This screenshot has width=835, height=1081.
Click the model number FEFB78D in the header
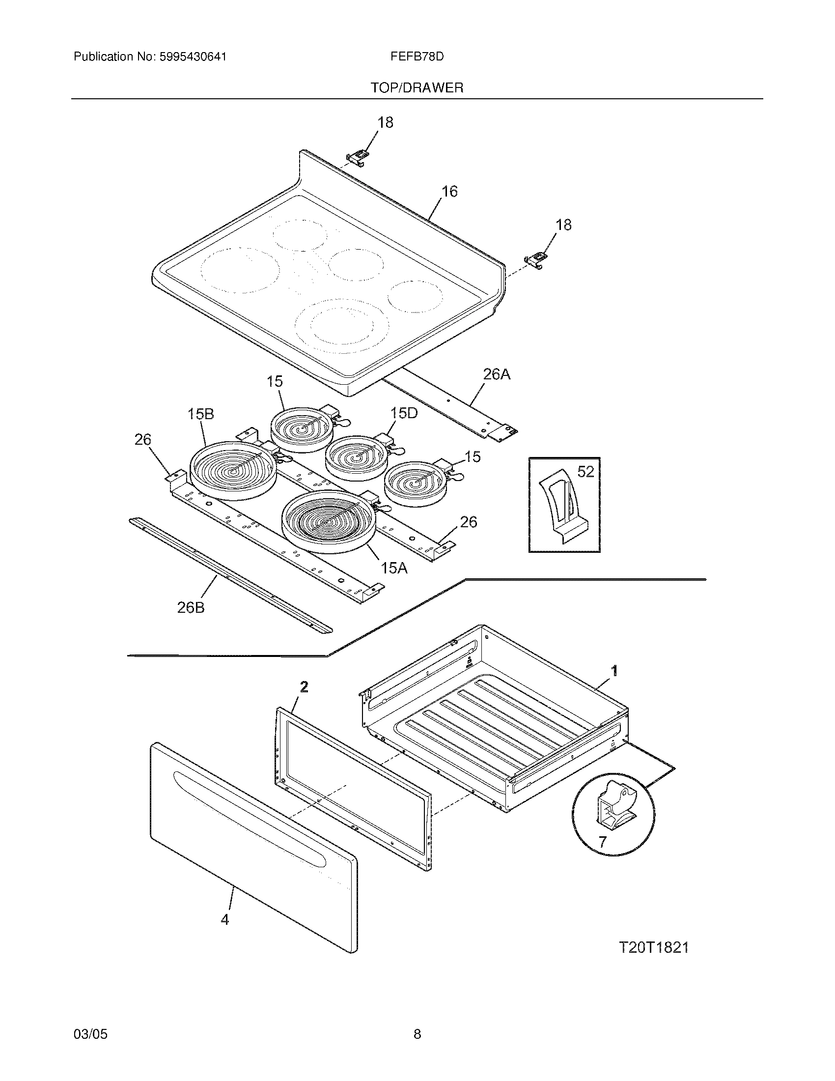[x=417, y=57]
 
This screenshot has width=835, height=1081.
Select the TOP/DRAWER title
[x=417, y=88]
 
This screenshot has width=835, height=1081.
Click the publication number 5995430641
[x=193, y=57]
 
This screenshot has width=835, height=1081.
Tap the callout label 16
[x=449, y=192]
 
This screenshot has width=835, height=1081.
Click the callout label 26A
[x=496, y=375]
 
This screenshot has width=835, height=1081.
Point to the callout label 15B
[x=201, y=414]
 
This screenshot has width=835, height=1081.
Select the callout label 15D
[x=404, y=413]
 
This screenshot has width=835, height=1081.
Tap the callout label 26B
[x=191, y=607]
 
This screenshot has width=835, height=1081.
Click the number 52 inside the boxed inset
[x=585, y=472]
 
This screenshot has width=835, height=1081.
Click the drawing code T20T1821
[x=653, y=947]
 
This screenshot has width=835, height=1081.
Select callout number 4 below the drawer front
[x=225, y=919]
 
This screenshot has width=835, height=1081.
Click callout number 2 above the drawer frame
[x=304, y=686]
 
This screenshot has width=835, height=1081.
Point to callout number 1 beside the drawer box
[x=614, y=671]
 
